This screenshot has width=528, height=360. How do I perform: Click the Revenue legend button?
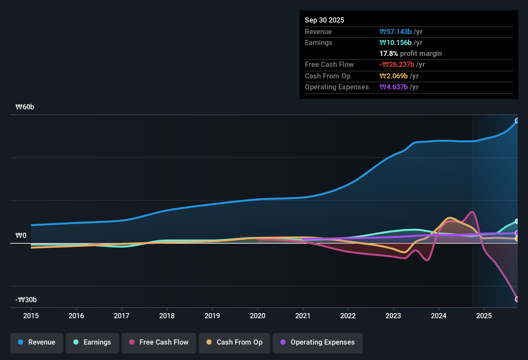37,342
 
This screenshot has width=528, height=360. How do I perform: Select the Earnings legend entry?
92,342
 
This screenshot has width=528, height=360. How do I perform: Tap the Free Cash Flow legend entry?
159,342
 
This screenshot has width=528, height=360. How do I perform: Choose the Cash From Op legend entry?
234,342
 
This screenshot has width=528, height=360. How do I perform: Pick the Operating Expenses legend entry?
318,342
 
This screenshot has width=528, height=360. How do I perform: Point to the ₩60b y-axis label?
25,107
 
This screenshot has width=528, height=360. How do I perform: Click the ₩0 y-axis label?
21,236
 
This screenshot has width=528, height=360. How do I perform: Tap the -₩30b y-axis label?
26,300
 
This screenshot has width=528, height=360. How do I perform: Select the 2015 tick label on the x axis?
31,316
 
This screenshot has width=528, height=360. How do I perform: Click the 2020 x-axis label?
258,316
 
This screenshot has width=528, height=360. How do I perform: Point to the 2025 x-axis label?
484,316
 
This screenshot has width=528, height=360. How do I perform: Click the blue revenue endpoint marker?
517,121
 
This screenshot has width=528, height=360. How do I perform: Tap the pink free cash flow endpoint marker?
517,299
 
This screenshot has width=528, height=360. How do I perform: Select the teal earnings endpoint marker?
517,221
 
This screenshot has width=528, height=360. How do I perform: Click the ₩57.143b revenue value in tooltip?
396,32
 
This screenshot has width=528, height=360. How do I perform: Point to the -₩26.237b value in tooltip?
397,65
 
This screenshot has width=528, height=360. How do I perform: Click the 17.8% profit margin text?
411,54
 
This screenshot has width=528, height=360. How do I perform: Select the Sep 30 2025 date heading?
324,20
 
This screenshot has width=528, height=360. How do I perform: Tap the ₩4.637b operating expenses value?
394,87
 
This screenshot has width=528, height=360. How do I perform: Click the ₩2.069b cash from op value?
394,76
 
